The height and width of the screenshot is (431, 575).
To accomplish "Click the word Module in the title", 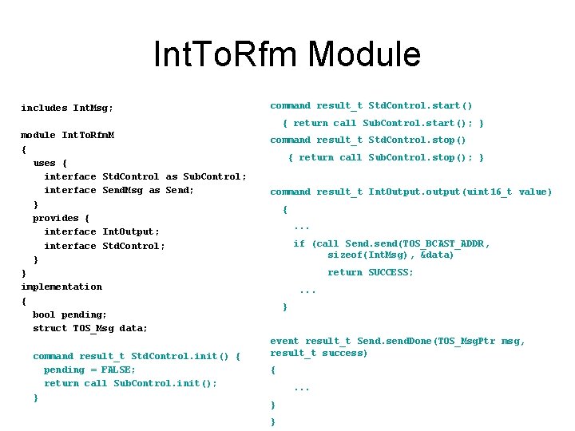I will [x=364, y=54].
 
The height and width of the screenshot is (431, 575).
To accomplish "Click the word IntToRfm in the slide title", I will [x=226, y=54].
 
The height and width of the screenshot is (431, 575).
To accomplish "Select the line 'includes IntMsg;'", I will [x=67, y=108].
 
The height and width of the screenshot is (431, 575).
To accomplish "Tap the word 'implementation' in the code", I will [x=61, y=287].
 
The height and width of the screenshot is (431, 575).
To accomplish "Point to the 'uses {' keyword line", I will [x=44, y=163].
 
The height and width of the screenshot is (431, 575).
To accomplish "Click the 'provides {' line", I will [x=61, y=218].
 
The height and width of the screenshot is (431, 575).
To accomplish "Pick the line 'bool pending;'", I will [x=69, y=314].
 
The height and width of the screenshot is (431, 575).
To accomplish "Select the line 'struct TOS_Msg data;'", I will [x=90, y=328].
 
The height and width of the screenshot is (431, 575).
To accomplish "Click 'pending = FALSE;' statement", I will [x=89, y=370].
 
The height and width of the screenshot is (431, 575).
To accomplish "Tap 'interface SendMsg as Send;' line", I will [x=119, y=190].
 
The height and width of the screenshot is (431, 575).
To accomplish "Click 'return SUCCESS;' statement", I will [x=371, y=272].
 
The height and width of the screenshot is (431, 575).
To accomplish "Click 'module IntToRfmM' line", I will [x=67, y=135].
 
